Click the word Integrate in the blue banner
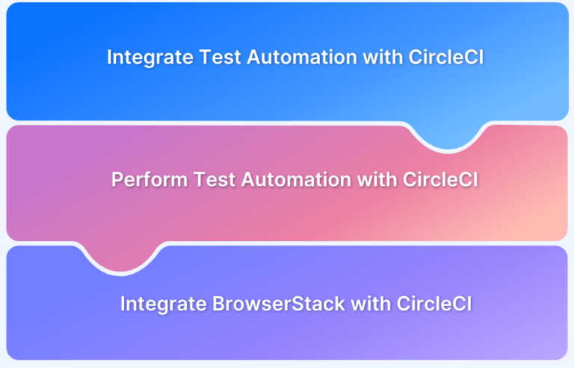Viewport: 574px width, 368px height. (150, 58)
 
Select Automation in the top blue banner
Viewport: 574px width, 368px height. (302, 57)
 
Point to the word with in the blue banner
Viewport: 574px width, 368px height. (383, 57)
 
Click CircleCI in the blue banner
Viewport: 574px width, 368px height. (446, 57)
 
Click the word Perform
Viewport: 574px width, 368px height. (149, 180)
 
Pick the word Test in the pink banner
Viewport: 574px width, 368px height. (215, 180)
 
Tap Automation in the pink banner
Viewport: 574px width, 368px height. (297, 180)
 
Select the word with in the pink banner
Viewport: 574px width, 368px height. (377, 180)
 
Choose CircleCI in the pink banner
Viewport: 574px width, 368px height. (441, 180)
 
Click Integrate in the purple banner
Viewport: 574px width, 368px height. (164, 304)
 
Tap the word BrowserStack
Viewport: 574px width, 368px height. (279, 304)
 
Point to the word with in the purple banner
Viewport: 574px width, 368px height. (371, 304)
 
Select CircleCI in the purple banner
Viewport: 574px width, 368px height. (434, 304)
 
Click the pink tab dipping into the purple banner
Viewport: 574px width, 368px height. (121, 258)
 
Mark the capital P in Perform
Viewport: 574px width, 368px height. (117, 180)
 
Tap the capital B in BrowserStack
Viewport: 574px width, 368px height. (219, 304)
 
